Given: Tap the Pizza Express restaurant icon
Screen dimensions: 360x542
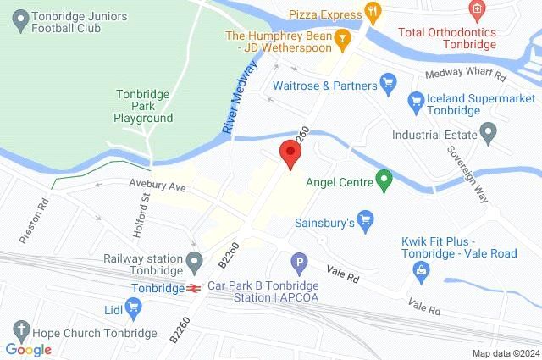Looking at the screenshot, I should pos(371,12).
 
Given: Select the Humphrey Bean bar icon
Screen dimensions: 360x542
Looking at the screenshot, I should pos(341,37).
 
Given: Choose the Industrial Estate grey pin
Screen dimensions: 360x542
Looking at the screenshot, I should pos(487,132).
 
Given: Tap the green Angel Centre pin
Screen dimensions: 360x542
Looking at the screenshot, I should pos(384,180).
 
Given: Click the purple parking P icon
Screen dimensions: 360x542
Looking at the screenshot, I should pos(297,263).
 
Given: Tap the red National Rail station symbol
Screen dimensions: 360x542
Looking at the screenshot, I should pos(194,288).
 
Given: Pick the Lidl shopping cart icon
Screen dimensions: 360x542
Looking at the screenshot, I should pos(135,308).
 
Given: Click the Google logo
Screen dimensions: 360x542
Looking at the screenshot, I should pos(28,349).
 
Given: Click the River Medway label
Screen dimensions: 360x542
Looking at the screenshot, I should pos(239,100).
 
